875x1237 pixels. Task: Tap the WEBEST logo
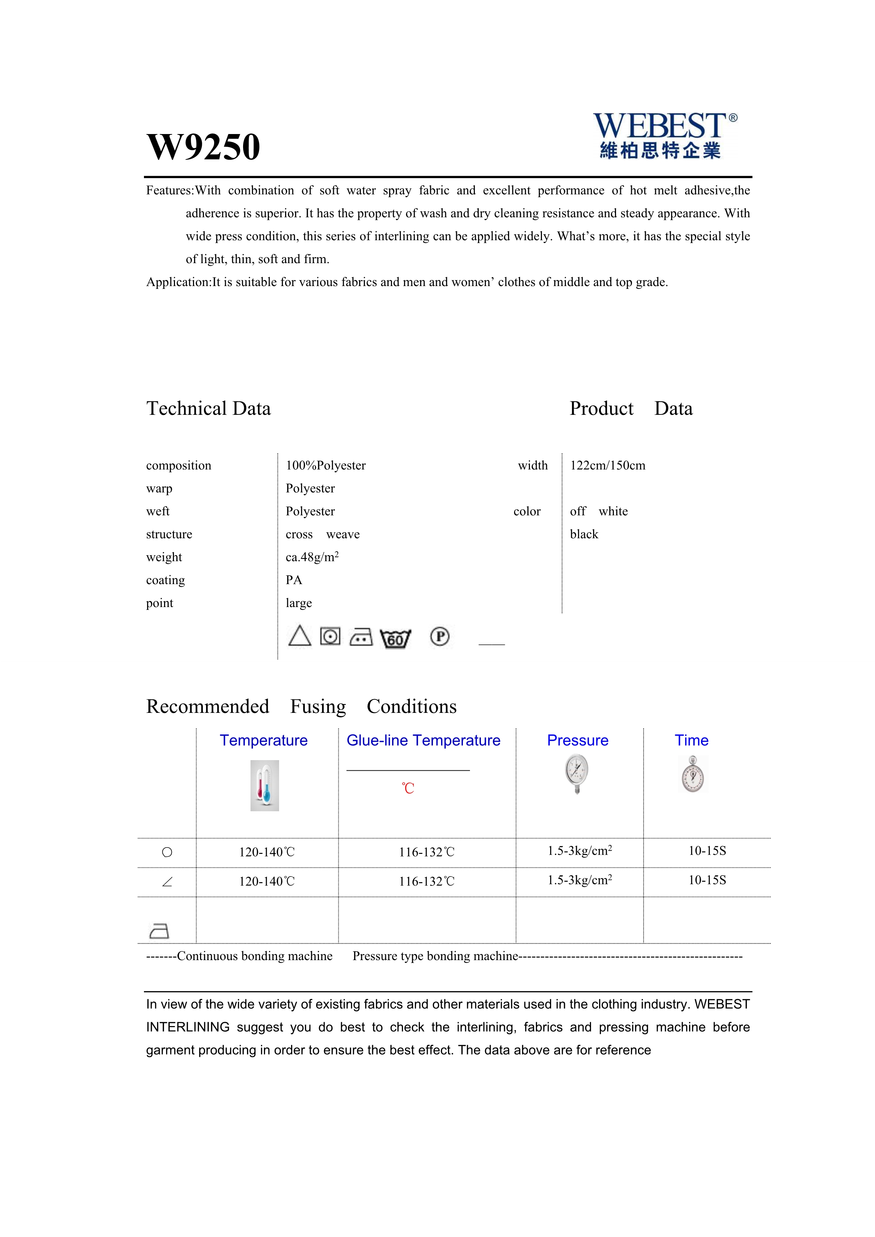(x=664, y=135)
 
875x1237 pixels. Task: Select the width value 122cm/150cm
(x=607, y=466)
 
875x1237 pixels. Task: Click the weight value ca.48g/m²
(x=312, y=557)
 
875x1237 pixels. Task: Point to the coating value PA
(x=294, y=580)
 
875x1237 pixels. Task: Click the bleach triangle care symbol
(x=300, y=636)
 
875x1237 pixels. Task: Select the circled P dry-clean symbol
(x=440, y=637)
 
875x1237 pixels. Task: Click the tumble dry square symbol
(x=330, y=636)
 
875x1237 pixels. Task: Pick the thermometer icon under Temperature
(x=265, y=786)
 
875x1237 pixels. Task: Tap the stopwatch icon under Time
(x=692, y=775)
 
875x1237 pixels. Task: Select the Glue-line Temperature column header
(x=423, y=740)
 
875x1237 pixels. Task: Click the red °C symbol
(x=408, y=789)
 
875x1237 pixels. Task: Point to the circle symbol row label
(x=167, y=852)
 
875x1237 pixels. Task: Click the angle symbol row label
(x=167, y=882)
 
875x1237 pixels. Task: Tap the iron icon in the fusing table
(x=159, y=930)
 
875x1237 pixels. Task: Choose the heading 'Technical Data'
(x=209, y=408)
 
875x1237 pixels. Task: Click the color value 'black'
(x=584, y=534)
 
